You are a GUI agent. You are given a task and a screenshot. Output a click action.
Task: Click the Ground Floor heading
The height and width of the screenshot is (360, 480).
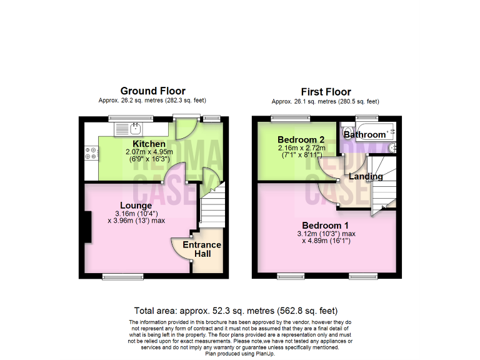[152, 91]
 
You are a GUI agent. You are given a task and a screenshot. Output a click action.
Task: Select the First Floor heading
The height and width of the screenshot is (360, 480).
[326, 92]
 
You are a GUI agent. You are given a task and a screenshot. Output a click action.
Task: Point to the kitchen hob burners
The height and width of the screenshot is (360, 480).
[91, 154]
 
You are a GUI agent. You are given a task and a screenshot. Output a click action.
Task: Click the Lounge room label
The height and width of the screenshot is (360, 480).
[136, 205]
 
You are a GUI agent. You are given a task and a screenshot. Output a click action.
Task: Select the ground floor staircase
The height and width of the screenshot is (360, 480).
[212, 206]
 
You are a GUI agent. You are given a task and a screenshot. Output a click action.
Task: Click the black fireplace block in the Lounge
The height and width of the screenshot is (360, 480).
[87, 228]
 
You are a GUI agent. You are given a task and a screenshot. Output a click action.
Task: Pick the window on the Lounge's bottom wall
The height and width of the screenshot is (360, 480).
[119, 276]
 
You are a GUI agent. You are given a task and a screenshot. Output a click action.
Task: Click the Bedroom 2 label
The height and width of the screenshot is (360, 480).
[301, 139]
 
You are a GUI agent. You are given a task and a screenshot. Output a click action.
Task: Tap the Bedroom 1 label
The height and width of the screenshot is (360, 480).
[325, 225]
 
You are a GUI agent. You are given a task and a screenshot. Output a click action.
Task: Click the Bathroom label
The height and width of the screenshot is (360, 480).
[365, 134]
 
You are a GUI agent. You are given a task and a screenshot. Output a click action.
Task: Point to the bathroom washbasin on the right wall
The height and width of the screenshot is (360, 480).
[392, 148]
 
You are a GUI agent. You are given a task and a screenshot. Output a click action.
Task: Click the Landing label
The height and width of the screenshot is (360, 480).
[366, 176]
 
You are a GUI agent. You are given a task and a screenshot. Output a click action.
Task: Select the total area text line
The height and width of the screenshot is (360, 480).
[236, 311]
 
